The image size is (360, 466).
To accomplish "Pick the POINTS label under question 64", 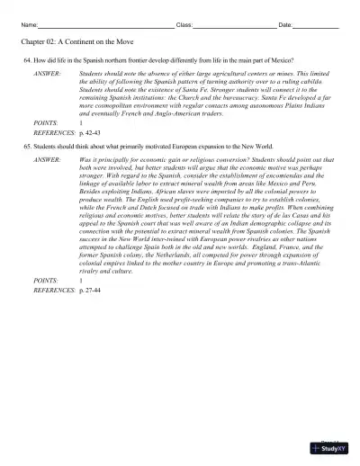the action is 44,121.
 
